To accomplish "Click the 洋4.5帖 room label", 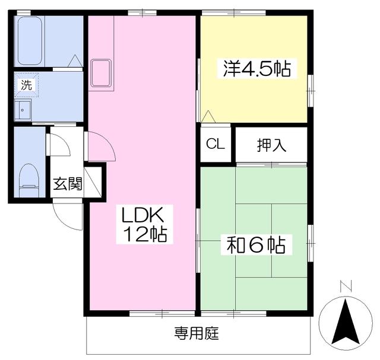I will click(x=257, y=69).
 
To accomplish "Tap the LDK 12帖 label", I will click(x=145, y=224).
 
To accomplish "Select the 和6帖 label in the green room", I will click(x=256, y=244).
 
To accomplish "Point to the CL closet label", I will click(x=215, y=144).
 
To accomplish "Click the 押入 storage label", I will click(x=271, y=145).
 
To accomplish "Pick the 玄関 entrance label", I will click(x=67, y=183).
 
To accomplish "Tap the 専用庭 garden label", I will click(x=197, y=333).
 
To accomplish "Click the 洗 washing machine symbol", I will click(x=26, y=84).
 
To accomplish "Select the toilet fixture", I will click(x=27, y=179).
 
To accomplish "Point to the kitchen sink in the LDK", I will click(x=103, y=73).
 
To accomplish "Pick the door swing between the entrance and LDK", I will click(x=96, y=146).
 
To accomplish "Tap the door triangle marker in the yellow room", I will click(x=208, y=117).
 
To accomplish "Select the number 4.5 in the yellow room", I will click(x=257, y=69).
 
